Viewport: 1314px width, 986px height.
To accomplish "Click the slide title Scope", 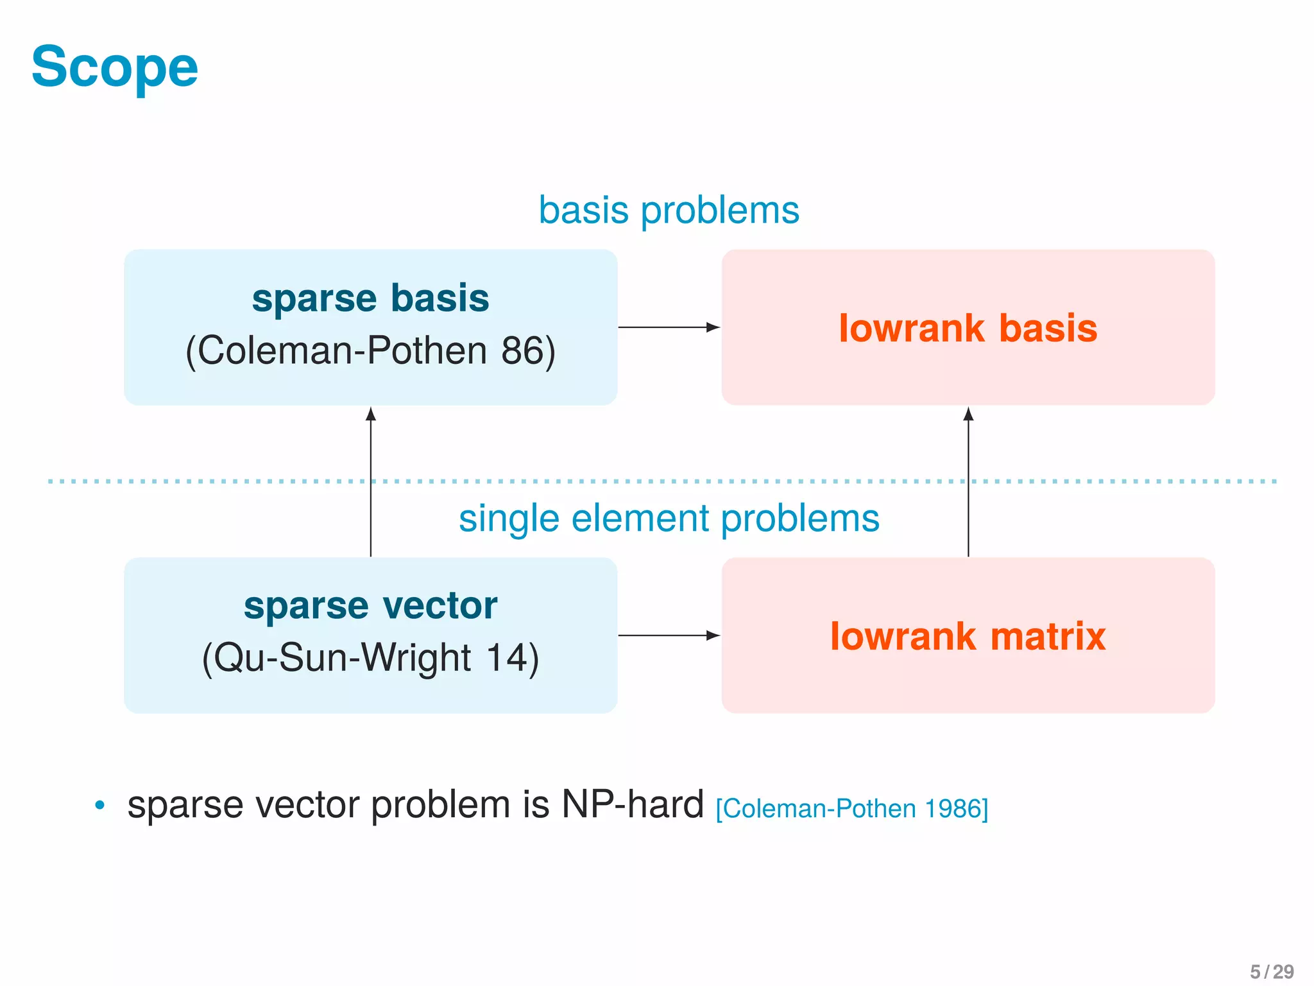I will [x=115, y=67].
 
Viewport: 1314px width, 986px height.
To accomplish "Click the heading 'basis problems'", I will [x=669, y=210].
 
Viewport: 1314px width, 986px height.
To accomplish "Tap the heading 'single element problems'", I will [x=669, y=518].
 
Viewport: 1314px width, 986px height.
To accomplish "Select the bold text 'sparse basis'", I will [x=370, y=298].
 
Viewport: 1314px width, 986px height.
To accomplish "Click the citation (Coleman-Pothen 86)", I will [x=370, y=351].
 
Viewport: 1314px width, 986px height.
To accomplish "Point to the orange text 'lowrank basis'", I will [x=968, y=328].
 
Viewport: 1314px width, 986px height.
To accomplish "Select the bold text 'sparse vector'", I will [x=370, y=605].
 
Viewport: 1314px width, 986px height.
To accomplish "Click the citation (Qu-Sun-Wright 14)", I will [x=370, y=658].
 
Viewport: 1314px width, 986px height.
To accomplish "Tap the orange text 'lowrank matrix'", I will [x=968, y=636].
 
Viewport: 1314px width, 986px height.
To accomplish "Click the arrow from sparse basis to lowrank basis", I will [x=667, y=327].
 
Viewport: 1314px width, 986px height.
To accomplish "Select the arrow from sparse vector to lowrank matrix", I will [x=667, y=636].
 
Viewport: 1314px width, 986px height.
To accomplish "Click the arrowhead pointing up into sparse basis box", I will [x=371, y=414].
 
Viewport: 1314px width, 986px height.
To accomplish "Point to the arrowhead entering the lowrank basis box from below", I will [x=968, y=414].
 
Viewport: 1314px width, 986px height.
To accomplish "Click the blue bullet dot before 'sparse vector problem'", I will [x=99, y=805].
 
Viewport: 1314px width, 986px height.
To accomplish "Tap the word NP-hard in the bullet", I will [x=633, y=804].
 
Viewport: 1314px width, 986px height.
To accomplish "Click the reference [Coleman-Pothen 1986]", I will [x=851, y=809].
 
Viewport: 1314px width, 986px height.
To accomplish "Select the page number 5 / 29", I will [x=1271, y=971].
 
